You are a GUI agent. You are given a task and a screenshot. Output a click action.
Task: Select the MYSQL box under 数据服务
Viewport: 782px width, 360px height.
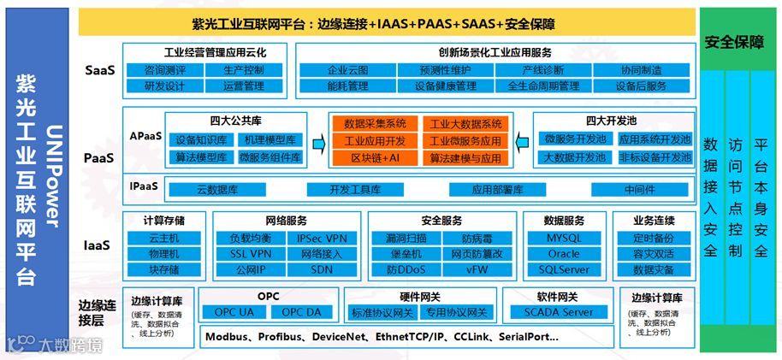click(x=563, y=238)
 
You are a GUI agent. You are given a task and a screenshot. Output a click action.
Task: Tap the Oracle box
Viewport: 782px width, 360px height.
click(x=563, y=254)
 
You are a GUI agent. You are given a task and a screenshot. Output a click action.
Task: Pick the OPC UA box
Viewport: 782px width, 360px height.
click(x=234, y=312)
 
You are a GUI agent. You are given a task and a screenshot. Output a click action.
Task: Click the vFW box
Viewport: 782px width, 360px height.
click(x=477, y=270)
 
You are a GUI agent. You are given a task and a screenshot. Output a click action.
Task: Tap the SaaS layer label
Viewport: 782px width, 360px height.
click(x=99, y=70)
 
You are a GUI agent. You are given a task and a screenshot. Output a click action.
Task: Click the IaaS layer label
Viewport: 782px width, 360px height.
click(x=97, y=245)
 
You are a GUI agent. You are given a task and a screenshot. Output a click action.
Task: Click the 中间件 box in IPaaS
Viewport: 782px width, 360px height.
click(x=639, y=189)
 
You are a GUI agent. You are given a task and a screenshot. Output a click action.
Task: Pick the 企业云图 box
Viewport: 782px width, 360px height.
click(x=347, y=70)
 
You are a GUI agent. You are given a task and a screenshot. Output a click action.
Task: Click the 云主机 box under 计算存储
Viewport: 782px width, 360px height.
click(x=164, y=238)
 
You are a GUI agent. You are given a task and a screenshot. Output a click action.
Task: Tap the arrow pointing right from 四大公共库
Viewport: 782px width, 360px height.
click(x=317, y=141)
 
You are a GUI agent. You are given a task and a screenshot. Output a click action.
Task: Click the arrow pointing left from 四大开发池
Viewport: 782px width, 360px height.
click(x=522, y=141)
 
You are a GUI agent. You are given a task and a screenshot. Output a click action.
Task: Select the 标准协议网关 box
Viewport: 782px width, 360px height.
click(x=382, y=312)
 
